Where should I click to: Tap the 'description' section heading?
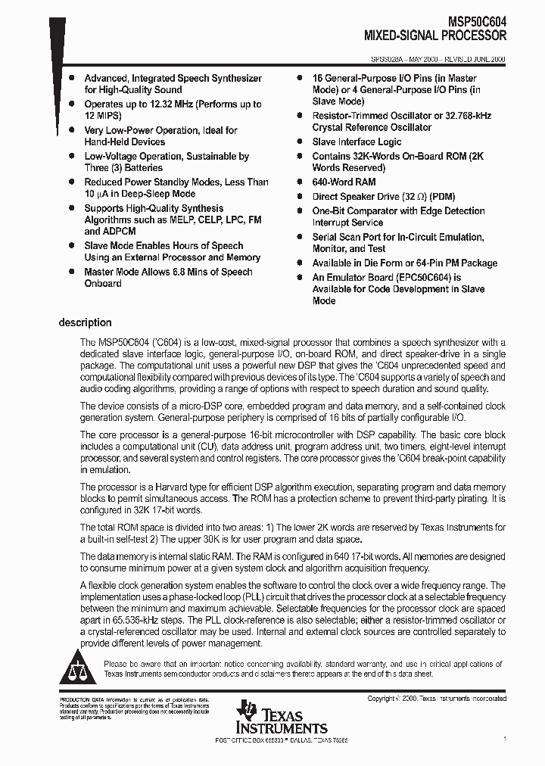[x=85, y=322]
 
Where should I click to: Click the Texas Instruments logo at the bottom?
[x=281, y=716]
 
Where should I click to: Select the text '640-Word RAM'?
[x=344, y=182]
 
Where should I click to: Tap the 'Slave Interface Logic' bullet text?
[x=357, y=142]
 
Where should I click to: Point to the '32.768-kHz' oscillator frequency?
[x=464, y=116]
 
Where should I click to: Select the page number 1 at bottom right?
[x=505, y=737]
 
